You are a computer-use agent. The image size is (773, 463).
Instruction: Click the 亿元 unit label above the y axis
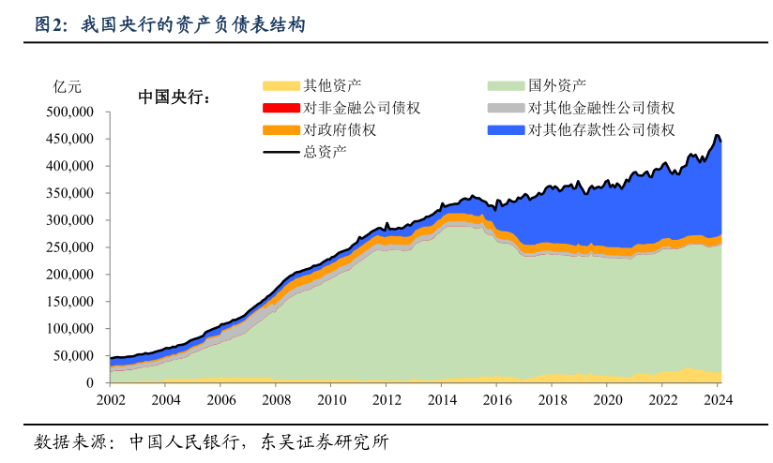(68, 87)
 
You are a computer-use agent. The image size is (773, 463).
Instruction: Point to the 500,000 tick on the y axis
(68, 112)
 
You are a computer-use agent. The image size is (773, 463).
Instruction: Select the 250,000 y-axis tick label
(68, 247)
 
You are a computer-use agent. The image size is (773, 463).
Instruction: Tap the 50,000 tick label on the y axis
(72, 356)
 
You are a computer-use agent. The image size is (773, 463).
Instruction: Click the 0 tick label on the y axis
(91, 383)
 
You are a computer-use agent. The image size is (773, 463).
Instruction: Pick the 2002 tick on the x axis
(111, 399)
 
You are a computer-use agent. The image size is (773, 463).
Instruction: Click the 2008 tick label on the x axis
(277, 399)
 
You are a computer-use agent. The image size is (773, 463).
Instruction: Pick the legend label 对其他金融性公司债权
(601, 108)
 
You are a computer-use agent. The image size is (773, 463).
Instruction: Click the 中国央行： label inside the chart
(174, 97)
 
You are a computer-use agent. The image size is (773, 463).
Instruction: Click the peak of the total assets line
(717, 136)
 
